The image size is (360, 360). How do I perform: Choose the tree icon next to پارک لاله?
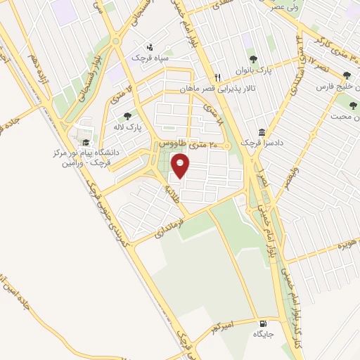pyautogui.click(x=127, y=117)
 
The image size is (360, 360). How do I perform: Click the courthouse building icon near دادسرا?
pyautogui.click(x=262, y=132)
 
